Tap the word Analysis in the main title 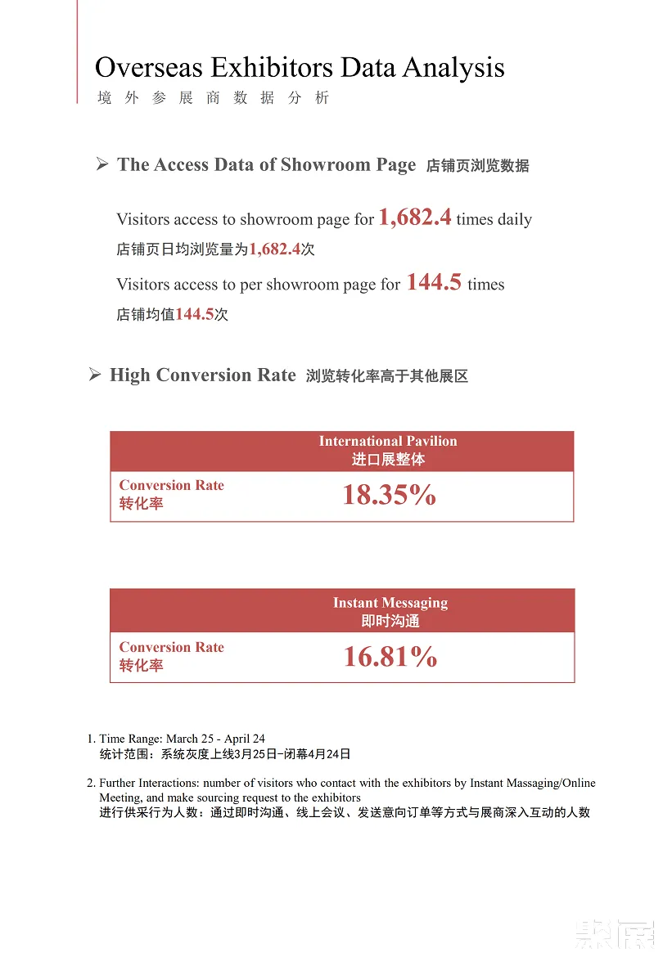(454, 67)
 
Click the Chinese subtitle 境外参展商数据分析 (213, 98)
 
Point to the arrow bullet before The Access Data (102, 164)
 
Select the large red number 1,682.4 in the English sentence (414, 218)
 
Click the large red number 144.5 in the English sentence (434, 283)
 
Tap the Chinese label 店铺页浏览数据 (477, 166)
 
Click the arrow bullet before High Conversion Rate (95, 375)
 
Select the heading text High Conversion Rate (202, 375)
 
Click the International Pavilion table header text (388, 441)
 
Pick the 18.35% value (389, 496)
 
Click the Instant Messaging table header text (390, 603)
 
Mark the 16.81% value (390, 657)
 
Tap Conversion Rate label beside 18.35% (171, 485)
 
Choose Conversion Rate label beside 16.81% (171, 647)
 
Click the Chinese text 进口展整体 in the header (388, 460)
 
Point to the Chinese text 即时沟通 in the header (390, 622)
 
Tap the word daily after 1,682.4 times (515, 219)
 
